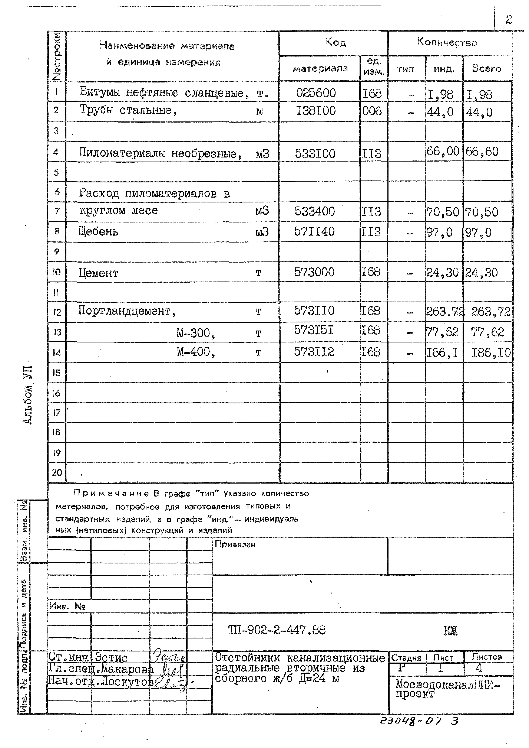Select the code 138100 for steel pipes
pyautogui.click(x=315, y=111)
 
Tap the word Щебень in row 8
pyautogui.click(x=98, y=232)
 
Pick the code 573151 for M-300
pyautogui.click(x=314, y=331)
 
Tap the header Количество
pyautogui.click(x=447, y=42)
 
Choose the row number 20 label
pyautogui.click(x=57, y=472)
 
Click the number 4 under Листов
pyautogui.click(x=478, y=668)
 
